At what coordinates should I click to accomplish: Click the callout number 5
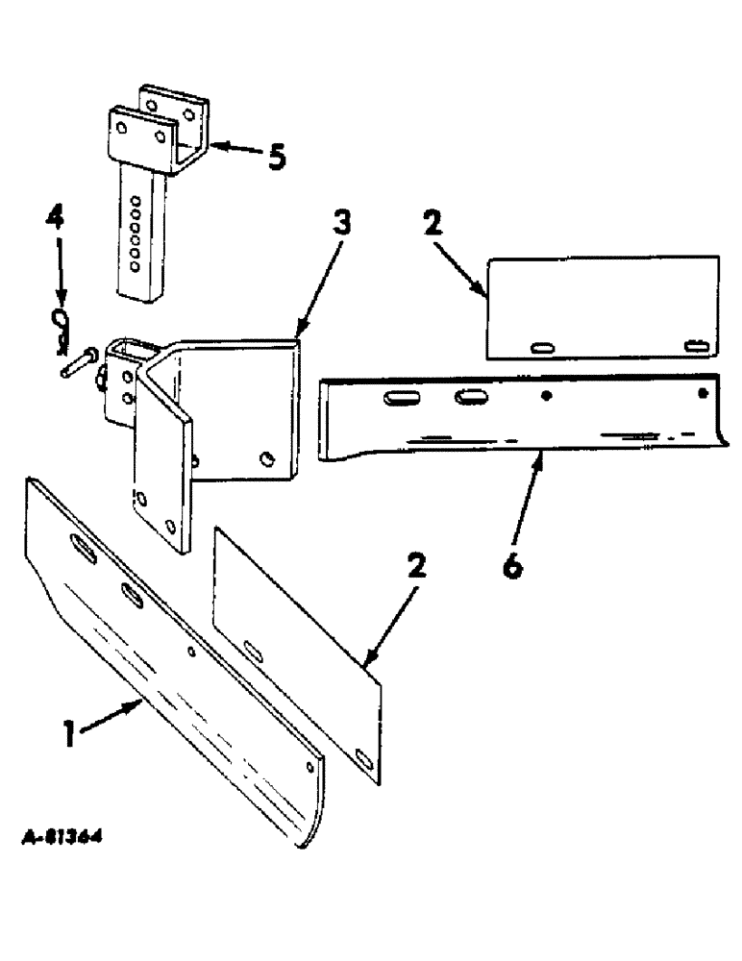pos(276,158)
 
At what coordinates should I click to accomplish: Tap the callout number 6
pos(512,567)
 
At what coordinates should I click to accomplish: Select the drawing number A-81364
pos(62,838)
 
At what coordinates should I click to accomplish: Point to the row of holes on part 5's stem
pos(136,231)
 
